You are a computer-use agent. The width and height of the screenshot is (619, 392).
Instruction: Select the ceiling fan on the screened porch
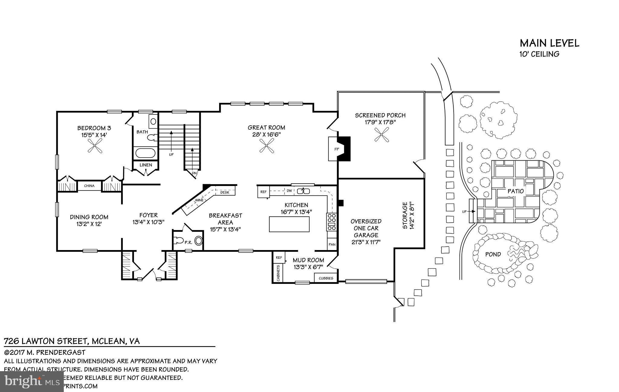click(x=381, y=134)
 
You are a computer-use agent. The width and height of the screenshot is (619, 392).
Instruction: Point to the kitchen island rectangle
click(x=289, y=224)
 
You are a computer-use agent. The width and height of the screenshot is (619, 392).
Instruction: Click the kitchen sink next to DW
click(x=303, y=191)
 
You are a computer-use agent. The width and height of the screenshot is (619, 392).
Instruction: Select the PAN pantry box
click(x=332, y=244)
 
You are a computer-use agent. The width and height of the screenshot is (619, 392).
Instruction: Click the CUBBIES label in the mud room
click(x=326, y=278)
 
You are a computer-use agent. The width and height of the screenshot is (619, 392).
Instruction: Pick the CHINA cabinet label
click(x=89, y=186)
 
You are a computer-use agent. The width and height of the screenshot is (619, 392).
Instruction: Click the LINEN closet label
click(x=146, y=165)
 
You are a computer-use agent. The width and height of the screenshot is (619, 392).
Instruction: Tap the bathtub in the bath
click(x=145, y=153)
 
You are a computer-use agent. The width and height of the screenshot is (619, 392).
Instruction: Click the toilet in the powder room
click(x=179, y=241)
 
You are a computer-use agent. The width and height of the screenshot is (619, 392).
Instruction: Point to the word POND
click(x=493, y=254)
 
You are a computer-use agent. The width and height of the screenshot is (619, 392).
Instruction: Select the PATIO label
click(x=516, y=191)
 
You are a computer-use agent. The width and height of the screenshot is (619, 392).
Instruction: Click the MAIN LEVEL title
click(x=549, y=43)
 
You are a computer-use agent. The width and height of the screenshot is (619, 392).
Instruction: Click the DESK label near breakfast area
click(x=224, y=192)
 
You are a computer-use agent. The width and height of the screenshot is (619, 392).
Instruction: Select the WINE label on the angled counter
click(x=199, y=200)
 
